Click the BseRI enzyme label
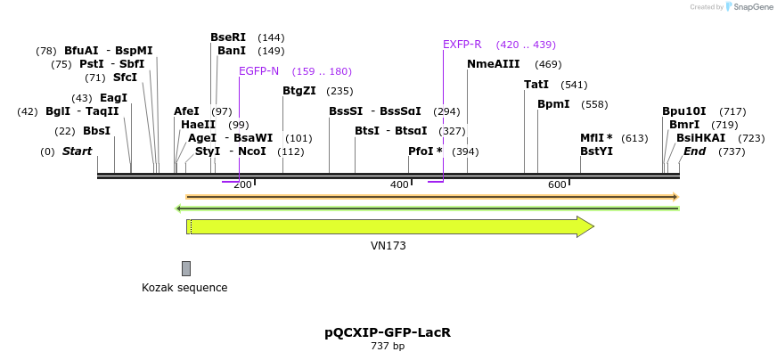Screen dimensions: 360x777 (x=227, y=37)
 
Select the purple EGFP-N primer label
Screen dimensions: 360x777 (x=258, y=71)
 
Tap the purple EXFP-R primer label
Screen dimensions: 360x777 (x=462, y=45)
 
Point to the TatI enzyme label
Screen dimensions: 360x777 (x=536, y=85)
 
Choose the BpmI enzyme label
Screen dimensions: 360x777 (x=552, y=104)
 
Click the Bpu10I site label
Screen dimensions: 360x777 (x=683, y=111)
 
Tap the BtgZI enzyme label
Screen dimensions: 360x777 (x=299, y=91)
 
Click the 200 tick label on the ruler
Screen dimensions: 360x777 (x=242, y=184)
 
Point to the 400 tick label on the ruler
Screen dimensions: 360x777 (x=399, y=184)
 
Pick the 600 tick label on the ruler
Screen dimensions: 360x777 (x=557, y=184)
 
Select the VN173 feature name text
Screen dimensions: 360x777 (x=388, y=245)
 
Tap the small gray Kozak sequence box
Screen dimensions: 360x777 (x=186, y=268)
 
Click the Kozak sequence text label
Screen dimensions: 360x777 (x=184, y=288)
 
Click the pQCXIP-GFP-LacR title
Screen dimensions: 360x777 (x=388, y=332)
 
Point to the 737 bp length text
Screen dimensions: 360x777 (x=388, y=347)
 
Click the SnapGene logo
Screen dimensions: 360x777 (x=748, y=7)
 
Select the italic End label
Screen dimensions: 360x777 (x=694, y=151)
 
